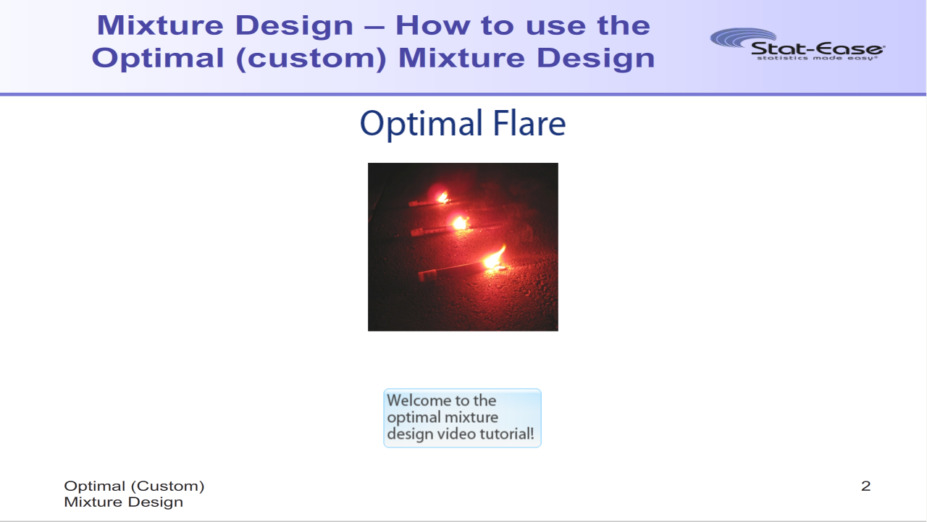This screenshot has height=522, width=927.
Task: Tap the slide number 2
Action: (865, 486)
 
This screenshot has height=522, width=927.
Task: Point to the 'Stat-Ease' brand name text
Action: (818, 49)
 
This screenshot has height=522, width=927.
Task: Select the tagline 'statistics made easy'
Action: (816, 59)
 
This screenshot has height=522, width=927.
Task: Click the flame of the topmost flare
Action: (442, 197)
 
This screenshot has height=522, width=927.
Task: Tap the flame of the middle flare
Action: (460, 224)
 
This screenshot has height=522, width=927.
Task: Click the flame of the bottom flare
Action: (494, 258)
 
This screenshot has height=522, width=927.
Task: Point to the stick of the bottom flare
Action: (451, 271)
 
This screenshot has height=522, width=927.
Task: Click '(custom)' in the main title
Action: (311, 59)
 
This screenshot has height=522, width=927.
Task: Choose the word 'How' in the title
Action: (433, 25)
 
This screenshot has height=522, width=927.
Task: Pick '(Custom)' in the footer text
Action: (167, 486)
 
